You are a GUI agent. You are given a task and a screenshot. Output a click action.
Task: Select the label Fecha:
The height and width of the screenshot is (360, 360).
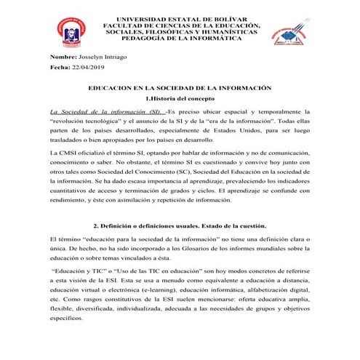(60, 67)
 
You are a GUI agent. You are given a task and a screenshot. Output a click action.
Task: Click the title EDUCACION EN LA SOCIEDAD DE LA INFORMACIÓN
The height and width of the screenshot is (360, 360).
(180, 87)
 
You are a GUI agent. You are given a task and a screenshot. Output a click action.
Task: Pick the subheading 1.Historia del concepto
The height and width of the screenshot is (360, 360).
(180, 97)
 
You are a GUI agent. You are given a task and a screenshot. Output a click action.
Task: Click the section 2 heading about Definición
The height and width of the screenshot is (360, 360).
(180, 225)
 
